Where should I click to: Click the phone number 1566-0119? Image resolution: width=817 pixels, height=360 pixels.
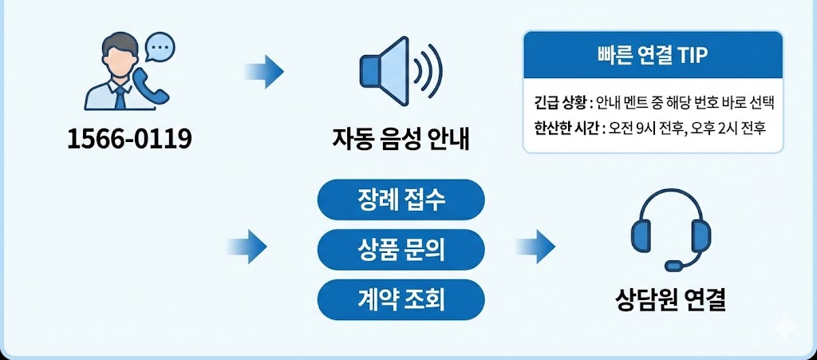129,140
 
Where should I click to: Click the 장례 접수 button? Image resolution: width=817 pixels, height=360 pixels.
401,200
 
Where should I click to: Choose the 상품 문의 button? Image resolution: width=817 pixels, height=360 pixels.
401,250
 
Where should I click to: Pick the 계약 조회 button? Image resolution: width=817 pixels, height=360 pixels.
401,300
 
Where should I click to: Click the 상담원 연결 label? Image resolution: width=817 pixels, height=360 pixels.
671,300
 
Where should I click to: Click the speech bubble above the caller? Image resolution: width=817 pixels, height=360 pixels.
160,48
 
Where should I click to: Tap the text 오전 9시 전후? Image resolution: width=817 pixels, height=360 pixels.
642,127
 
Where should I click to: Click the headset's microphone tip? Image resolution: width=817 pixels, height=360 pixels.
673,265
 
